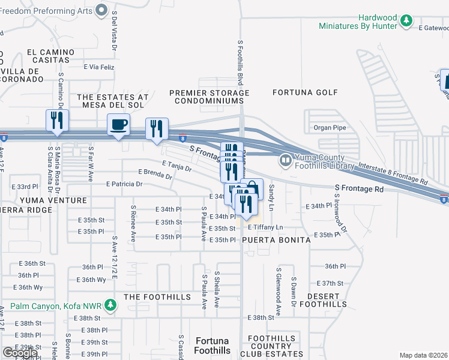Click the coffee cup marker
click(118, 125)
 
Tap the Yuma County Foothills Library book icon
click(285, 160)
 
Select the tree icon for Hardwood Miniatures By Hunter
click(406, 21)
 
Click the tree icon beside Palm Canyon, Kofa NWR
click(110, 307)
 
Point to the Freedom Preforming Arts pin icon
click(102, 9)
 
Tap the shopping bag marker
click(252, 189)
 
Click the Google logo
click(20, 353)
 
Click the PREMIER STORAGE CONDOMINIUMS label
click(209, 97)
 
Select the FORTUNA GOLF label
click(305, 92)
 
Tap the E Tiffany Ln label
click(265, 228)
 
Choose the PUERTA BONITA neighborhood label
click(276, 239)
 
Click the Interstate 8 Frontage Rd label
click(393, 173)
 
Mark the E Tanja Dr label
click(176, 166)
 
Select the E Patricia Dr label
click(124, 184)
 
